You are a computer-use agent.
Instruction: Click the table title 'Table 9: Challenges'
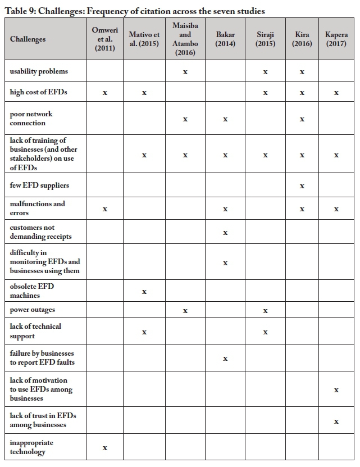135,11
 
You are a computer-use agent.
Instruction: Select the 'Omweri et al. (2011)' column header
105,39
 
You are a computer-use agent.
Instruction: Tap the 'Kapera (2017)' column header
336,39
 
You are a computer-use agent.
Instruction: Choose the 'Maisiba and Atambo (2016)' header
185,39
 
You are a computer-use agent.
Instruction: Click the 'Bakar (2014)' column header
225,39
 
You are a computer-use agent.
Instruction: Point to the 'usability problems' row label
39,71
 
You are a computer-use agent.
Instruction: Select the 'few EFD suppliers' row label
39,185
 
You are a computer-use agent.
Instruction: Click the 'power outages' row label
32,310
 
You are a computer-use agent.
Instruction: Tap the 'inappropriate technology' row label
31,447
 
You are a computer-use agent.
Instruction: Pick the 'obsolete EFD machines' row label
32,291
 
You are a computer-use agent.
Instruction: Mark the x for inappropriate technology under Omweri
105,448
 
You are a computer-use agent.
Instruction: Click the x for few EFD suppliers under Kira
302,185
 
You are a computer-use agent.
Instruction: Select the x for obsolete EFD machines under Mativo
144,292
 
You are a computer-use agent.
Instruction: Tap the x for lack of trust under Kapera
336,421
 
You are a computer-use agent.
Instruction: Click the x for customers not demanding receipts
225,232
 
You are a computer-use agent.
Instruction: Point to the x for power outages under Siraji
265,311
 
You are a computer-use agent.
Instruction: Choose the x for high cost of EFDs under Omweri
105,93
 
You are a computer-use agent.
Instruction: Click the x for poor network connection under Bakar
225,119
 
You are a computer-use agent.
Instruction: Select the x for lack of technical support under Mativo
144,332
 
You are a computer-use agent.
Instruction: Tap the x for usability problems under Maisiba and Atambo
185,72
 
